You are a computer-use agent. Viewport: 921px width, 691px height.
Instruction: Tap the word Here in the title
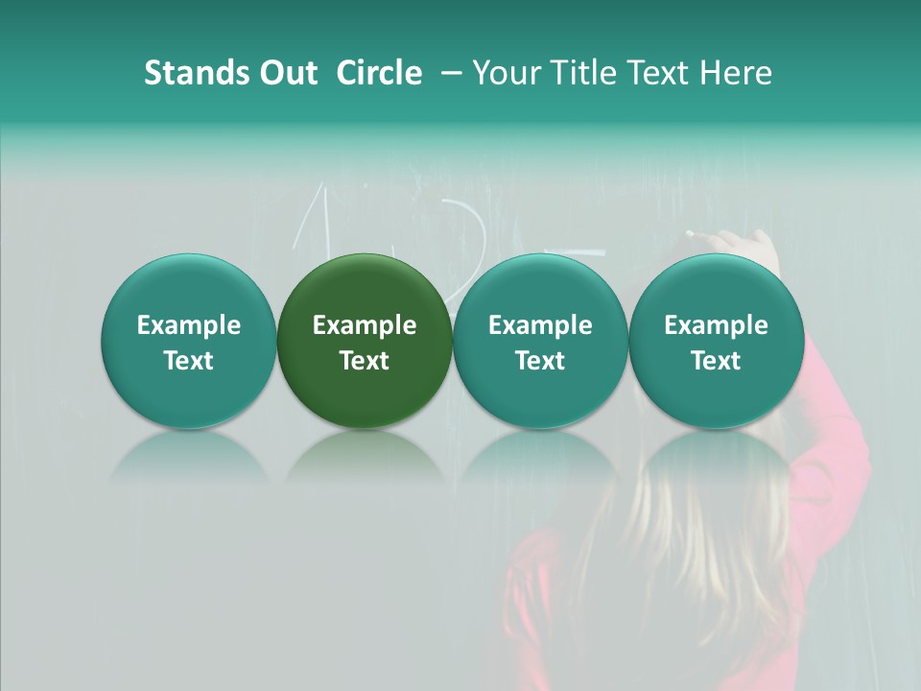739,73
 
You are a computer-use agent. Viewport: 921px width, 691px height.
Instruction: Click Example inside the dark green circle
365,325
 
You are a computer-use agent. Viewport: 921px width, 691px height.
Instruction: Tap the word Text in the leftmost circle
189,361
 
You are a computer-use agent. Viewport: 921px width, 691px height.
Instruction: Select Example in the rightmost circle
716,325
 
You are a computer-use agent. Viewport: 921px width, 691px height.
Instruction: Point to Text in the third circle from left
540,361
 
